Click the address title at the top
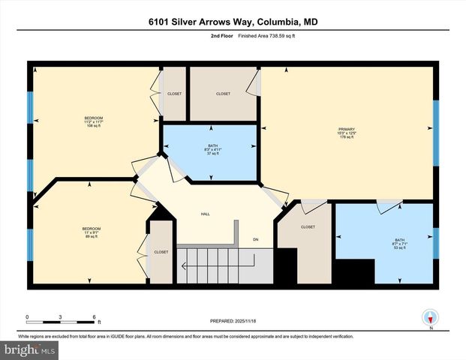click(x=233, y=22)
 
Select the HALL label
click(x=205, y=214)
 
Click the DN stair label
click(x=255, y=239)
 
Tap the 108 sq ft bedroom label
click(x=94, y=122)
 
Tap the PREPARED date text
click(x=233, y=320)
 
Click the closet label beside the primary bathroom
click(x=308, y=226)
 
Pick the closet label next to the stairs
click(x=161, y=252)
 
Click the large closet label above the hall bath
click(x=223, y=94)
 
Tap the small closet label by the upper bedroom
click(x=174, y=94)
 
